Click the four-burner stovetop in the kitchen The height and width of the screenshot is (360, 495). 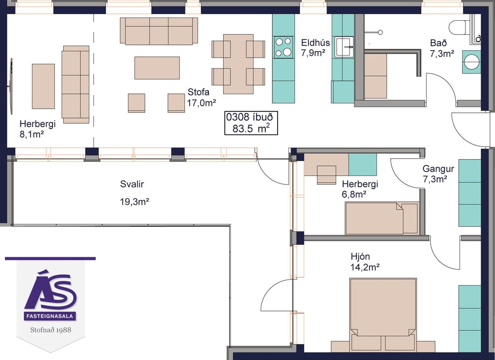[283, 47]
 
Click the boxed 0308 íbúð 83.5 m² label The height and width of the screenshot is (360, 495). [251, 123]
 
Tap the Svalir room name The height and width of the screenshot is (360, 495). [132, 184]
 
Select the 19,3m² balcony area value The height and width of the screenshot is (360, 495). [135, 202]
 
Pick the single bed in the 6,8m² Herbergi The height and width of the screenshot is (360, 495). [382, 218]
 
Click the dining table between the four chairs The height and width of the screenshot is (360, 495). [238, 64]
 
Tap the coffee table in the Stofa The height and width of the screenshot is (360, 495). [157, 68]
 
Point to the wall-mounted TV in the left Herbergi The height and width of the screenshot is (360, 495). [11, 86]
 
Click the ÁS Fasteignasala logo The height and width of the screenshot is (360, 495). [51, 298]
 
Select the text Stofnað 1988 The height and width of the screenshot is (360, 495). [51, 330]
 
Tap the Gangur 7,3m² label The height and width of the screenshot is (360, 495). [438, 174]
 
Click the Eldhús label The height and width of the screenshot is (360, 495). [315, 43]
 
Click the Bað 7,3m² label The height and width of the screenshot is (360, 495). [442, 48]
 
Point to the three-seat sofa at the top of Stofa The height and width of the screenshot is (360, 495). [159, 30]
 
